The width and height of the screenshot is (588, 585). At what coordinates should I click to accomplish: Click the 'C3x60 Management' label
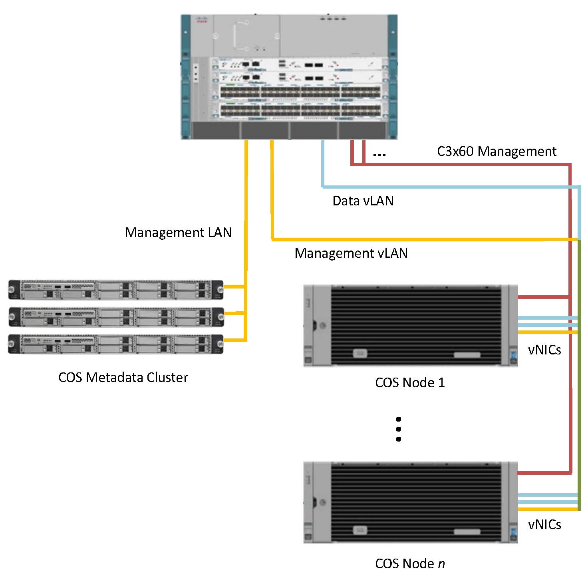click(x=497, y=151)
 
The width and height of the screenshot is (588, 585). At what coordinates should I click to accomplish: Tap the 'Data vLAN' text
click(x=363, y=201)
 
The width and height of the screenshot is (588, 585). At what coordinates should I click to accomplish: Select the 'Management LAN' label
click(x=178, y=233)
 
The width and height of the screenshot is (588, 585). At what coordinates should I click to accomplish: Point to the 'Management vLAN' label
click(x=351, y=253)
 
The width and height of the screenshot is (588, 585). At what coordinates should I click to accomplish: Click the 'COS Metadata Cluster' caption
click(x=123, y=378)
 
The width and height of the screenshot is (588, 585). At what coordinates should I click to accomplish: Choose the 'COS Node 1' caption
click(x=410, y=383)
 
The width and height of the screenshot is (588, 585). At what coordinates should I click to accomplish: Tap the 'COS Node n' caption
click(x=410, y=564)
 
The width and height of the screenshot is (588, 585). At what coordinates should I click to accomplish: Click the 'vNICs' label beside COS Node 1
click(x=544, y=350)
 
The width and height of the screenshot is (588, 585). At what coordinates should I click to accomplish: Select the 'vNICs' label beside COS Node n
click(x=544, y=525)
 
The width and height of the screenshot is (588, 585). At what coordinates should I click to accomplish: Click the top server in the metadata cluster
click(x=116, y=290)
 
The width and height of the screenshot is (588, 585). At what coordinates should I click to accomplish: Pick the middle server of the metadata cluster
click(x=116, y=317)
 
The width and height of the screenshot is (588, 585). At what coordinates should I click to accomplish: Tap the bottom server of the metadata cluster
click(x=116, y=344)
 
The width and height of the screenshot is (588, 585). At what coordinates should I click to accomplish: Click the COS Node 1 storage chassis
click(x=410, y=325)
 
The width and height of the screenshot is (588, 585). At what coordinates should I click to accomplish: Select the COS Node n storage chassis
click(x=410, y=502)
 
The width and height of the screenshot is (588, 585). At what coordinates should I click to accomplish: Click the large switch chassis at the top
click(x=289, y=77)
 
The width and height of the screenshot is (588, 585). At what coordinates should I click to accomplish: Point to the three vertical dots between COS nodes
click(x=398, y=429)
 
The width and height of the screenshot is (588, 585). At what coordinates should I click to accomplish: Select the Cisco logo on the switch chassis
click(x=201, y=20)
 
